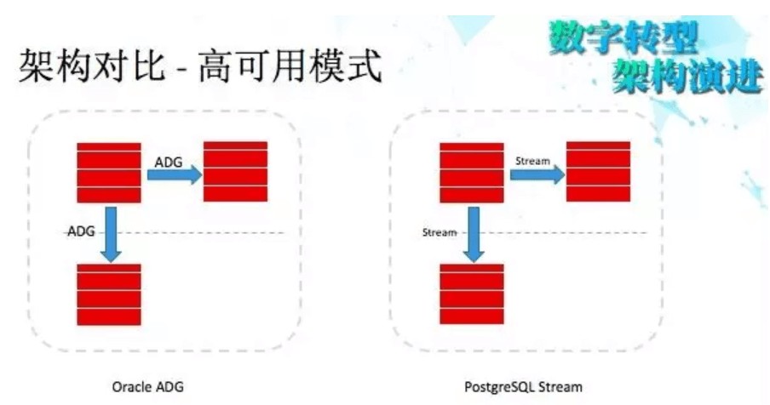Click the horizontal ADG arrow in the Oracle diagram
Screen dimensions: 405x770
coord(174,174)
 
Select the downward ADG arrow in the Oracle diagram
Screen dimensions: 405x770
coord(109,232)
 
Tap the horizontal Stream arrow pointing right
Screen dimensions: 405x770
coord(537,174)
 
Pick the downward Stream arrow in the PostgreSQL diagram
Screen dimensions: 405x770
coord(473,232)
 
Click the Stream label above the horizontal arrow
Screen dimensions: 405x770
coord(533,160)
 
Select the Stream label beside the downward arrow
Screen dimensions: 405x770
coord(440,231)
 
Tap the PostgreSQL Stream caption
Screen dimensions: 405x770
coord(524,386)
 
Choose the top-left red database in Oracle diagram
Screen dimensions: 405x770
coord(109,172)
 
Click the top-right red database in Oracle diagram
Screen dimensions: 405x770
coord(235,171)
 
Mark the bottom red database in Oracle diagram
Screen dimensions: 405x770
coord(109,294)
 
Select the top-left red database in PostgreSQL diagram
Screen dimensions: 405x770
coord(472,172)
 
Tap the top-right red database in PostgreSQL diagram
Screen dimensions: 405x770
coord(598,171)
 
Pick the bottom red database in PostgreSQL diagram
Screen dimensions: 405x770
coord(472,294)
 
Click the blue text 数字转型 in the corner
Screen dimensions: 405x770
coord(623,36)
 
